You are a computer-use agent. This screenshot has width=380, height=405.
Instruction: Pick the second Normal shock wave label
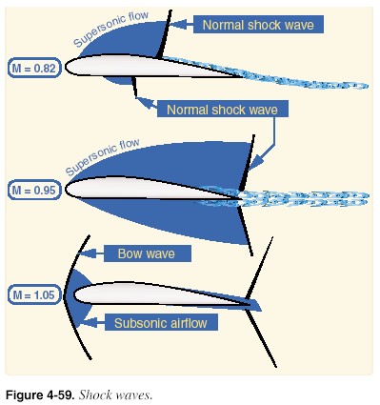[x=222, y=110]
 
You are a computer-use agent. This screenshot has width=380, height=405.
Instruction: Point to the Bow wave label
[x=152, y=253]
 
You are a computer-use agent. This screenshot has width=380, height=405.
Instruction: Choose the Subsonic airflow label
[x=159, y=323]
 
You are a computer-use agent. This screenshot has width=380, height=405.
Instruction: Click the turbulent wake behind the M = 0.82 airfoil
[x=295, y=77]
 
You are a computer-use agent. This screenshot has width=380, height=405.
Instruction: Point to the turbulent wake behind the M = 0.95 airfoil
[x=305, y=197]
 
